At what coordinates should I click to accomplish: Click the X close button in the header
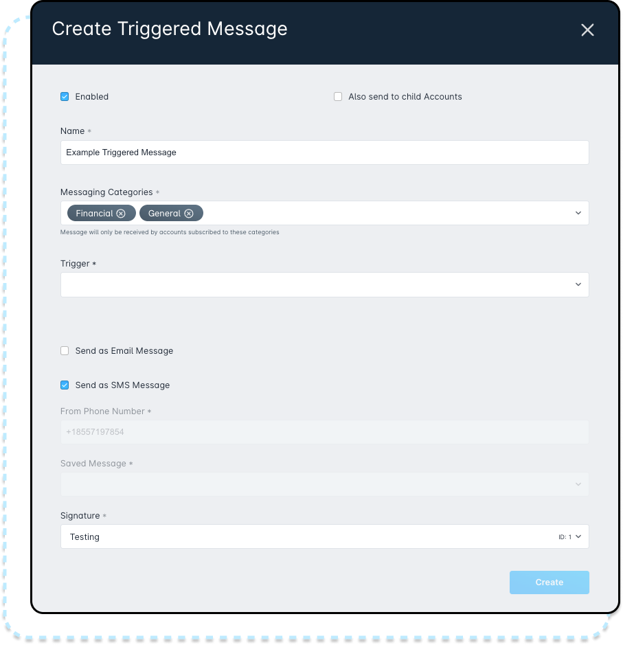coord(587,30)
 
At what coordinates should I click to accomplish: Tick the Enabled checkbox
coord(65,97)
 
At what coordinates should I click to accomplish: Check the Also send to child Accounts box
coord(338,97)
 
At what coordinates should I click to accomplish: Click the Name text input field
coord(324,152)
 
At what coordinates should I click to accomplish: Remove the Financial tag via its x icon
coord(121,214)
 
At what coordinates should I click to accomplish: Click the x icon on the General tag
coord(189,214)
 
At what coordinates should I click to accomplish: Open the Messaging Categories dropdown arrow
coord(578,213)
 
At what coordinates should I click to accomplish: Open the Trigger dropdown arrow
coord(578,284)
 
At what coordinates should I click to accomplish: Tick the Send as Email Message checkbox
coord(65,351)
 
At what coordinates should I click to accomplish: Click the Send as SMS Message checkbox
coord(65,385)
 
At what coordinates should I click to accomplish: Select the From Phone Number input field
coord(324,432)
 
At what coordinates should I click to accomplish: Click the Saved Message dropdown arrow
coord(578,484)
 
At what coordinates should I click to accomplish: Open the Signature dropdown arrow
coord(578,536)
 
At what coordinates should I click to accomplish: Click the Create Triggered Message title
coord(170,30)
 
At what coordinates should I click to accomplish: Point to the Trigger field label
coord(75,264)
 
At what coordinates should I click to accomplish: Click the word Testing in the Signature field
coord(84,537)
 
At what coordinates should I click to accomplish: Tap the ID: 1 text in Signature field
coord(565,537)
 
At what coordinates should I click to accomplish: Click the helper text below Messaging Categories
coord(170,232)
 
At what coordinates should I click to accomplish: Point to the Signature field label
coord(80,516)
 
